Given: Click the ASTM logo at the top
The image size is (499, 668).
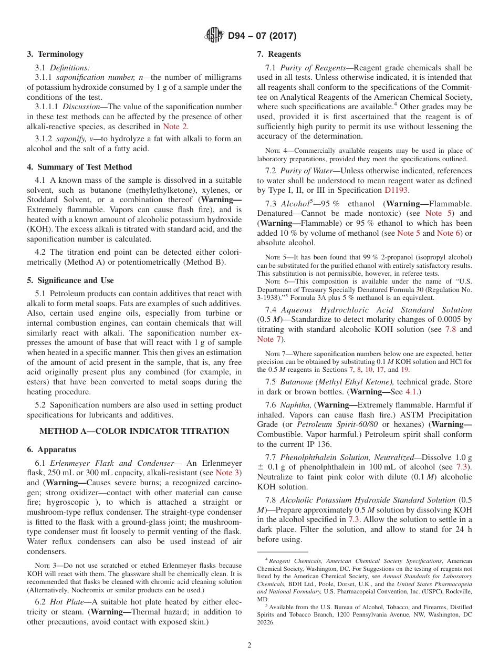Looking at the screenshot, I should click(x=214, y=36).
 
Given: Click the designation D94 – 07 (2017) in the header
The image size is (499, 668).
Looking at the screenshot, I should click(x=262, y=36).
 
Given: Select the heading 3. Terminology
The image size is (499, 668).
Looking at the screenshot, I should click(x=55, y=54).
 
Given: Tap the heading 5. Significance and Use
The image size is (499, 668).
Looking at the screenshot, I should click(x=70, y=280).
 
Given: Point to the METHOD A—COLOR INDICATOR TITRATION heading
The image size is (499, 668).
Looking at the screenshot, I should click(x=134, y=431).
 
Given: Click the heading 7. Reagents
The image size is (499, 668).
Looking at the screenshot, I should click(x=279, y=54).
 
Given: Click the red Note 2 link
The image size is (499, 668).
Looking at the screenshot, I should click(x=175, y=127).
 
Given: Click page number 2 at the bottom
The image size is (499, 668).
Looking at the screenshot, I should click(x=250, y=645).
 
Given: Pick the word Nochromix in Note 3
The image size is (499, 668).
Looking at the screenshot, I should click(x=89, y=590).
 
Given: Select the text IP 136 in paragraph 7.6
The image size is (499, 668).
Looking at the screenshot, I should click(x=320, y=444).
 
